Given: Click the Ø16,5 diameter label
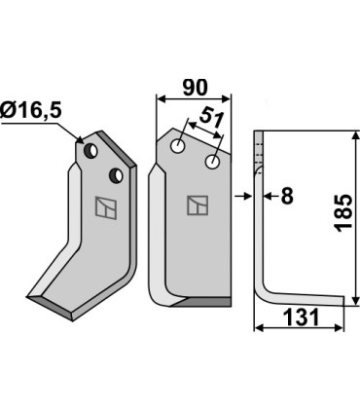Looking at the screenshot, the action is (x=31, y=111).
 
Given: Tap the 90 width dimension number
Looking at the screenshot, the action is (x=195, y=88).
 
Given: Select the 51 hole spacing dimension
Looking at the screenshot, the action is (x=212, y=118).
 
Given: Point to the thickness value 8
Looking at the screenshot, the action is (x=287, y=196).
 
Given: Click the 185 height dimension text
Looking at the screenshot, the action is (x=343, y=213).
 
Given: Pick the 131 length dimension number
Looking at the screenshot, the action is (x=302, y=317).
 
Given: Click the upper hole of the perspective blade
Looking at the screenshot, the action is (x=91, y=151).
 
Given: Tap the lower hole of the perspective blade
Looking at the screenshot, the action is (x=116, y=175).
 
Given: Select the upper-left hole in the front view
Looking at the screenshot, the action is (x=178, y=145).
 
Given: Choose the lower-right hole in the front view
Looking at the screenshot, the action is (x=212, y=162).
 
